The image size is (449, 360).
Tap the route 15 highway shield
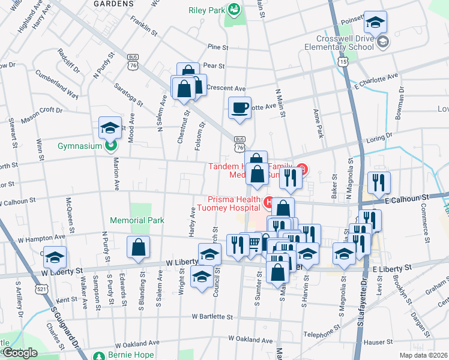coord(343,61)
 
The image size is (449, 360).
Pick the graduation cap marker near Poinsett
coord(376,23)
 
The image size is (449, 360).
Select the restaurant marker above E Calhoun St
coord(379,182)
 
